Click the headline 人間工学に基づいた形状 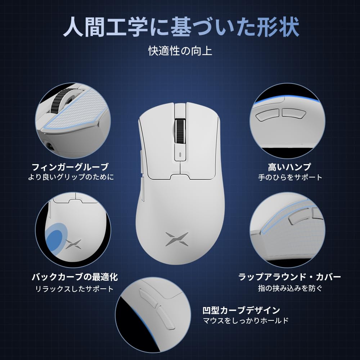[x=181, y=28]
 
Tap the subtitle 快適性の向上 [x=180, y=50]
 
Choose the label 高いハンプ [x=289, y=167]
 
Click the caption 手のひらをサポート [x=290, y=177]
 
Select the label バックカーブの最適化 [x=75, y=277]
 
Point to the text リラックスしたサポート [x=75, y=289]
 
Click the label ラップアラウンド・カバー [x=290, y=277]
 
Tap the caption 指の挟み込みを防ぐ [x=290, y=288]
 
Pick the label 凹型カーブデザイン [x=241, y=310]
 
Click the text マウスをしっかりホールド [x=246, y=320]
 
